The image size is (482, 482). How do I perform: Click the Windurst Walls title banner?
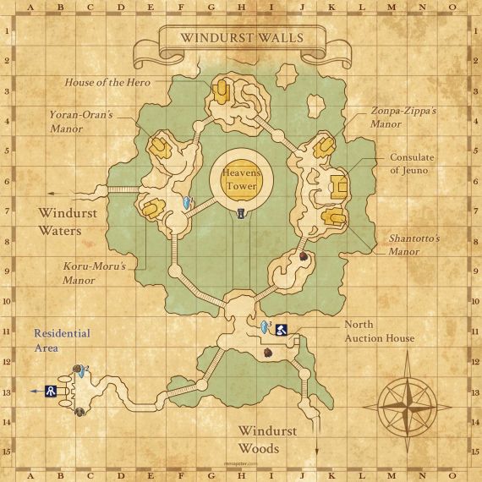point(241,38)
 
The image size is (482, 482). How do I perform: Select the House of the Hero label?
point(107,82)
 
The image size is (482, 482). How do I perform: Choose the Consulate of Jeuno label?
point(414,164)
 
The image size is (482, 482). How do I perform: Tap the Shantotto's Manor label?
point(414,245)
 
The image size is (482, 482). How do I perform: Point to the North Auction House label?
point(379,331)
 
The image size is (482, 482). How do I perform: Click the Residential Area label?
point(62,340)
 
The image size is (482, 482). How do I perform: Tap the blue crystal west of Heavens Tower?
point(188,203)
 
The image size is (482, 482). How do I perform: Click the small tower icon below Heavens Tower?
point(242,213)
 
